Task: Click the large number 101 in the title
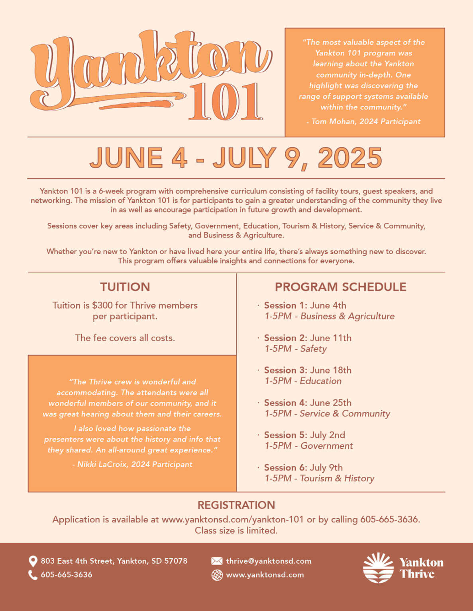tap(226, 101)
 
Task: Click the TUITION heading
tap(125, 287)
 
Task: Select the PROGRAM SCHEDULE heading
tap(340, 287)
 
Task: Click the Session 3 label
tap(285, 370)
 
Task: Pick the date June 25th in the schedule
tap(331, 403)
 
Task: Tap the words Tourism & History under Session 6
tap(337, 478)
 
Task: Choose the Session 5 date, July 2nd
tap(328, 435)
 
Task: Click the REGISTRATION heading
tap(236, 505)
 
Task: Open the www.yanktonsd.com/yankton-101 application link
tap(232, 520)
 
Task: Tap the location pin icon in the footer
tap(33, 561)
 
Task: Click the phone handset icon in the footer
tap(33, 575)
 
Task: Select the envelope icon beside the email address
tap(217, 561)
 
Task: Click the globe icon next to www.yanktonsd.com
tap(217, 575)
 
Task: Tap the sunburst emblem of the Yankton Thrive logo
tap(378, 568)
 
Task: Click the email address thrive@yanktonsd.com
tap(269, 561)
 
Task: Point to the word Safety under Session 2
tap(314, 349)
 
